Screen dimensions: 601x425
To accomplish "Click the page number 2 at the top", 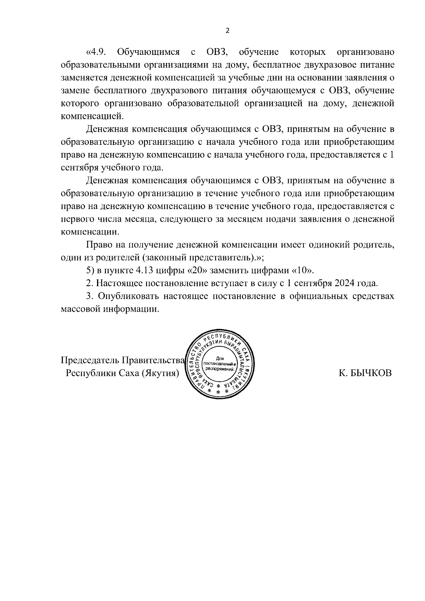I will point(227,30).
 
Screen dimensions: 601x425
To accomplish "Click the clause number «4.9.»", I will point(96,52).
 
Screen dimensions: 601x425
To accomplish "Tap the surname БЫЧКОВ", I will point(372,373).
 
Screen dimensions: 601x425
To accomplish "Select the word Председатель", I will point(90,360).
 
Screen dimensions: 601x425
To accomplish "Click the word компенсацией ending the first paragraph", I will point(92,116).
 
